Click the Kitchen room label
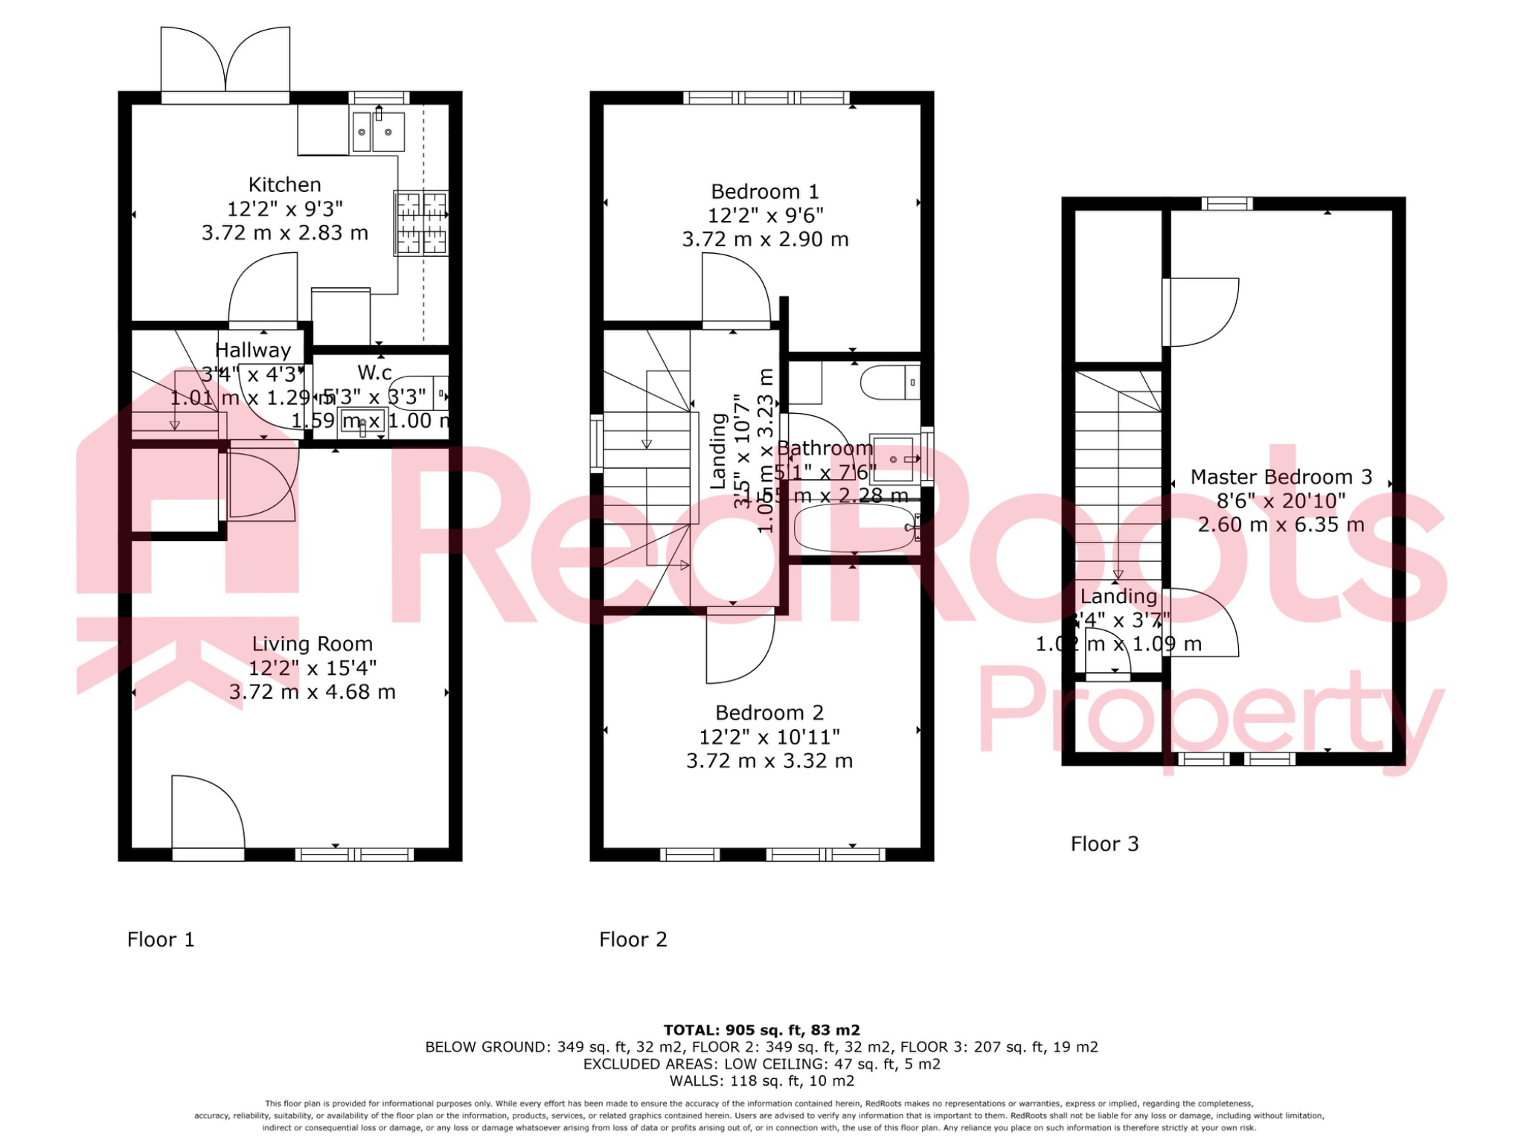pos(284,185)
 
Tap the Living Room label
pos(312,644)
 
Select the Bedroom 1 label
pos(764,192)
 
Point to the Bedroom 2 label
pos(769,713)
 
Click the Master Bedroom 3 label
pos(1281,477)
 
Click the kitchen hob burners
pos(421,222)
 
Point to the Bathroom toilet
pos(890,382)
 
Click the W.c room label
pos(374,372)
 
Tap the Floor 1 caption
pos(161,940)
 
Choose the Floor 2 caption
pos(633,940)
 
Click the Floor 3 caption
pos(1104,844)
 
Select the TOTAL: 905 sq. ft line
pos(761,1030)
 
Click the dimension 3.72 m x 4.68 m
pos(312,692)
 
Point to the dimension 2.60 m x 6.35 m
pos(1281,525)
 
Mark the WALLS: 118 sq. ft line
pos(761,1080)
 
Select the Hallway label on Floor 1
pos(253,350)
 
